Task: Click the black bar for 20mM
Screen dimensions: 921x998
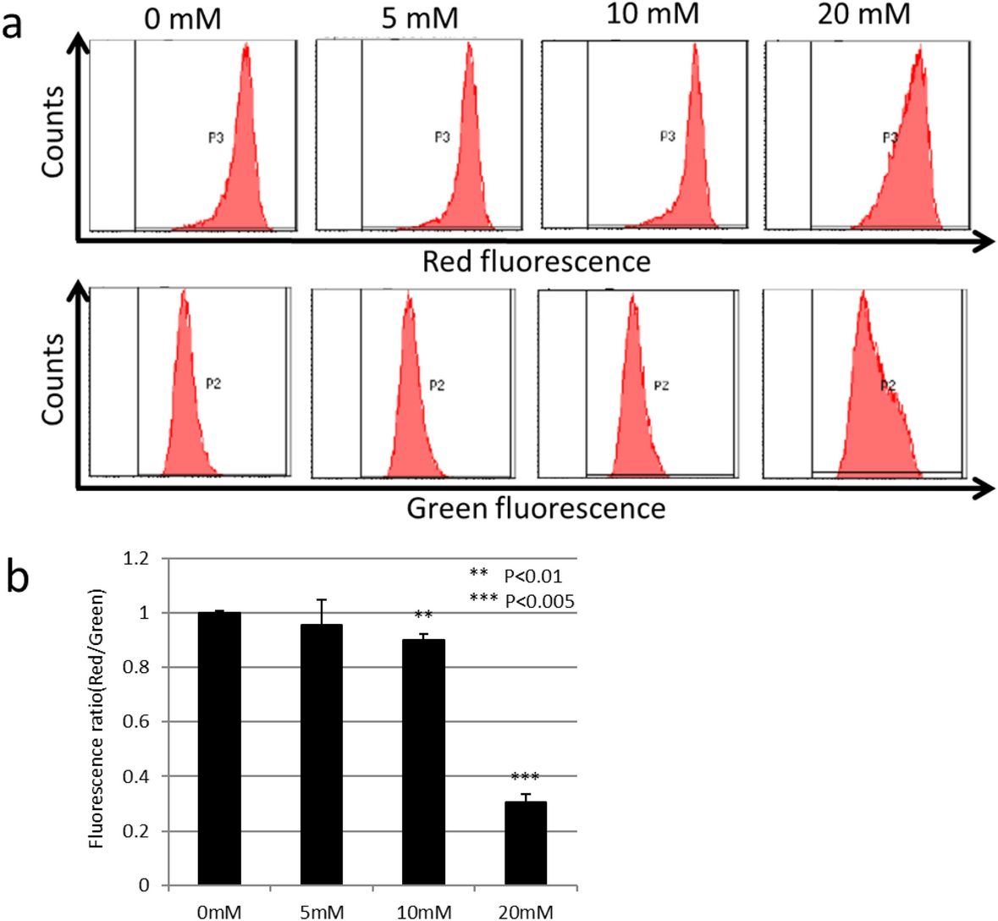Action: tap(526, 843)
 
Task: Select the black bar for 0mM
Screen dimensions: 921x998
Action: tap(219, 748)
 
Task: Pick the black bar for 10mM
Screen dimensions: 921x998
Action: tap(423, 762)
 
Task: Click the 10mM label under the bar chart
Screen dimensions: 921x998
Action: tap(423, 912)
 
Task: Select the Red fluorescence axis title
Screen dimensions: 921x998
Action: tap(537, 262)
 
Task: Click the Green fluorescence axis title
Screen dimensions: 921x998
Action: tap(536, 509)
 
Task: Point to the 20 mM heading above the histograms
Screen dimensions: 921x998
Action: tap(863, 14)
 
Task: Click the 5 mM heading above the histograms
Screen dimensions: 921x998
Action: tap(420, 17)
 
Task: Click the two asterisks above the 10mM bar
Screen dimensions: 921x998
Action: tap(423, 615)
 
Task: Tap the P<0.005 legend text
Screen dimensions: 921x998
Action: tap(539, 602)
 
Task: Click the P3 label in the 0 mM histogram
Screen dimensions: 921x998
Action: tap(216, 138)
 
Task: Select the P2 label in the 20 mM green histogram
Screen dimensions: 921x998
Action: tap(887, 386)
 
